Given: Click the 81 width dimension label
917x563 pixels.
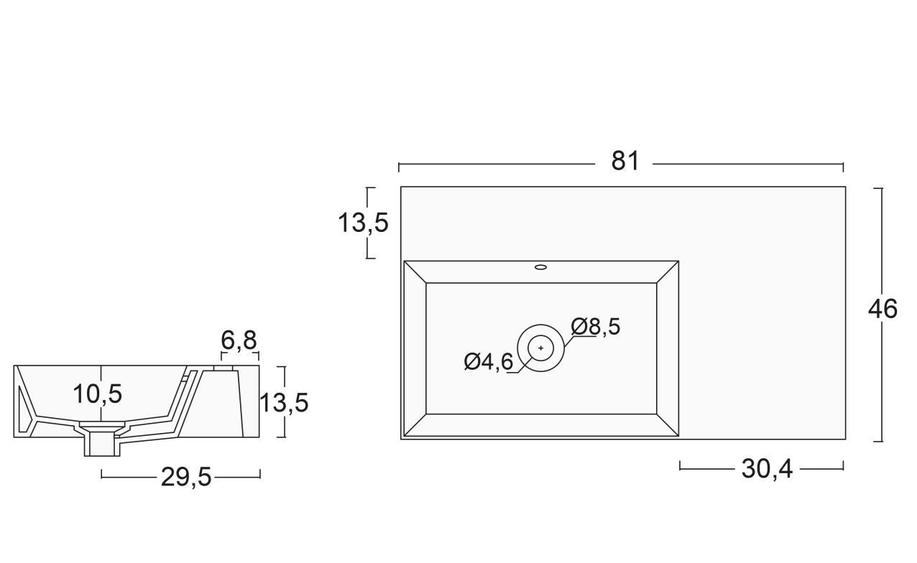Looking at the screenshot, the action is click(625, 161).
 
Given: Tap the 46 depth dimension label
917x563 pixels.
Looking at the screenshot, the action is click(883, 309).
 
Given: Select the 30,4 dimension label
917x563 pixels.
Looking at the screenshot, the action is click(767, 469).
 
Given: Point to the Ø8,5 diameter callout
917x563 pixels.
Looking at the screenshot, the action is click(596, 327).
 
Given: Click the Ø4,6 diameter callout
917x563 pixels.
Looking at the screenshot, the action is click(489, 362).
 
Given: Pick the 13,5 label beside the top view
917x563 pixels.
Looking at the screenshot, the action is click(363, 223).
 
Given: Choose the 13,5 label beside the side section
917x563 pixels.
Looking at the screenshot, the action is click(284, 403).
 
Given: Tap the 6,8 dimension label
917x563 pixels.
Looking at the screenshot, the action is click(239, 340).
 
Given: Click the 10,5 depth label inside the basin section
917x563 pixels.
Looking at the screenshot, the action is click(98, 394).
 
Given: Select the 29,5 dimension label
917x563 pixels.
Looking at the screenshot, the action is click(186, 477).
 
